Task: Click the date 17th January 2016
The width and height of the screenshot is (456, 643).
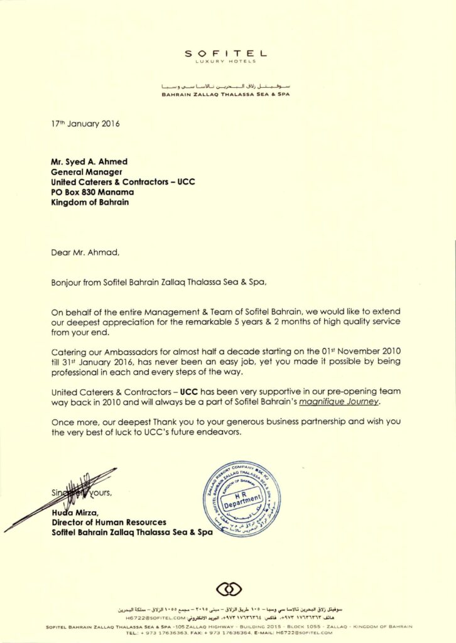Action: (x=85, y=124)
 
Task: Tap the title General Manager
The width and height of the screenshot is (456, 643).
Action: (x=86, y=171)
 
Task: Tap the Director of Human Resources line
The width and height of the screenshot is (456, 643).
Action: (x=109, y=522)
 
